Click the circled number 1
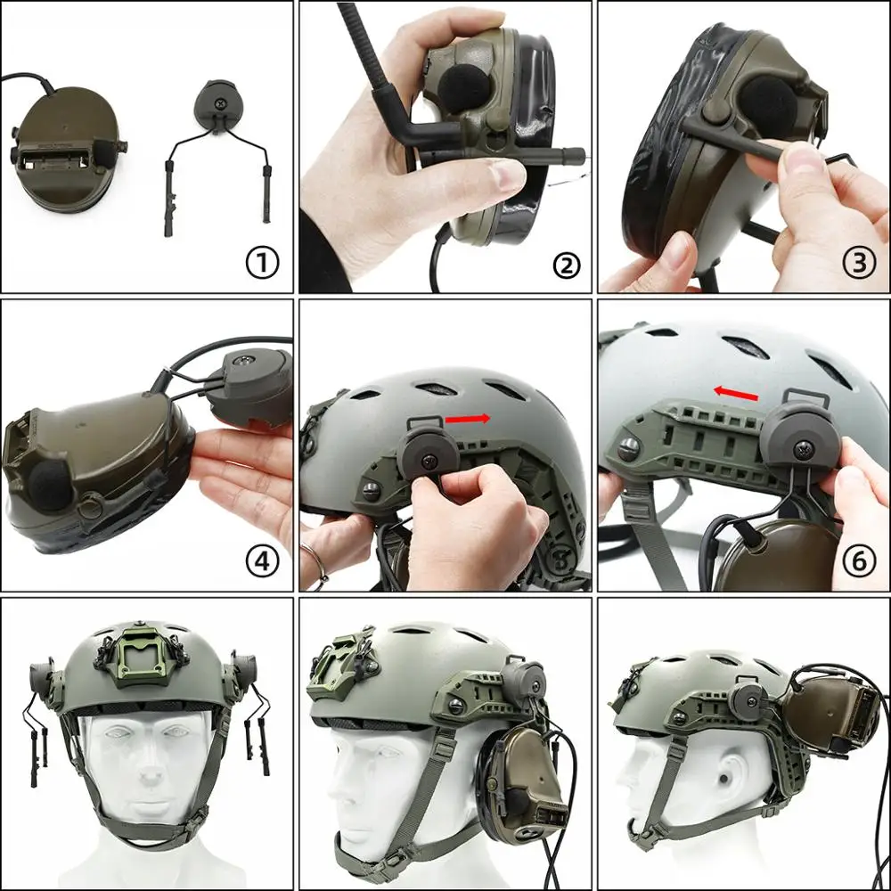[x=261, y=263]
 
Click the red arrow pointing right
[x=468, y=417]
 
